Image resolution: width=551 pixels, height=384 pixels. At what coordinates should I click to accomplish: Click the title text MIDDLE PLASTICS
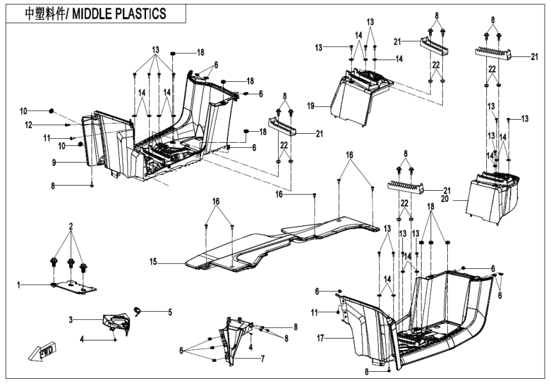click(x=122, y=12)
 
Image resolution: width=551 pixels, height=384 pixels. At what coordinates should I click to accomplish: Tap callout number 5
click(x=170, y=313)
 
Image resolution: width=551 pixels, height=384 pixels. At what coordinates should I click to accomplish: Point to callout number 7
click(x=262, y=359)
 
